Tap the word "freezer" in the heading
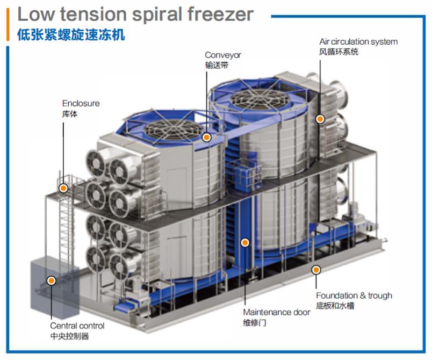pyautogui.click(x=220, y=15)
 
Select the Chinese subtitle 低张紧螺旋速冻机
pyautogui.click(x=71, y=35)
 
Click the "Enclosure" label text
pyautogui.click(x=81, y=104)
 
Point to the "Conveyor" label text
pyautogui.click(x=223, y=55)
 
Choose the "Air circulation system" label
pyautogui.click(x=358, y=41)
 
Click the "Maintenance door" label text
pyautogui.click(x=277, y=312)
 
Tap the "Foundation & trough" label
pyautogui.click(x=354, y=296)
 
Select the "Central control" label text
pyautogui.click(x=77, y=326)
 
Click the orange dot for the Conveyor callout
pyautogui.click(x=206, y=137)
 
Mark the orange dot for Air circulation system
pyautogui.click(x=320, y=119)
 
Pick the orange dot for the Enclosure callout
pyautogui.click(x=63, y=189)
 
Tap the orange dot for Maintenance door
pyautogui.click(x=245, y=243)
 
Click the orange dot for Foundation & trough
pyautogui.click(x=316, y=270)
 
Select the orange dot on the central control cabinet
pyautogui.click(x=51, y=280)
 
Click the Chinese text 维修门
pyautogui.click(x=255, y=322)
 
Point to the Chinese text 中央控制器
pyautogui.click(x=69, y=336)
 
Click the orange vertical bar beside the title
pyautogui.click(x=8, y=25)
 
